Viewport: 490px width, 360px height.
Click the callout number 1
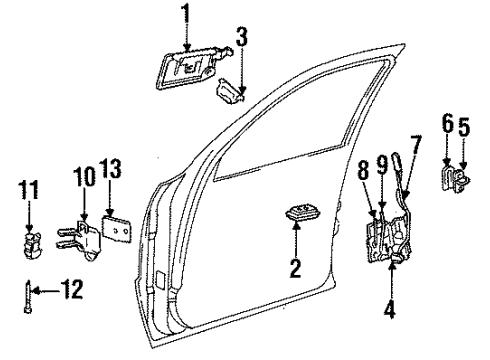[185, 15]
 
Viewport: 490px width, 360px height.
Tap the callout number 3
[241, 41]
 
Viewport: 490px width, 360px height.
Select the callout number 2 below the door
[296, 269]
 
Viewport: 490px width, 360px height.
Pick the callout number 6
[447, 127]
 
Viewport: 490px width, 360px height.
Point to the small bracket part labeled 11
[31, 241]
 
